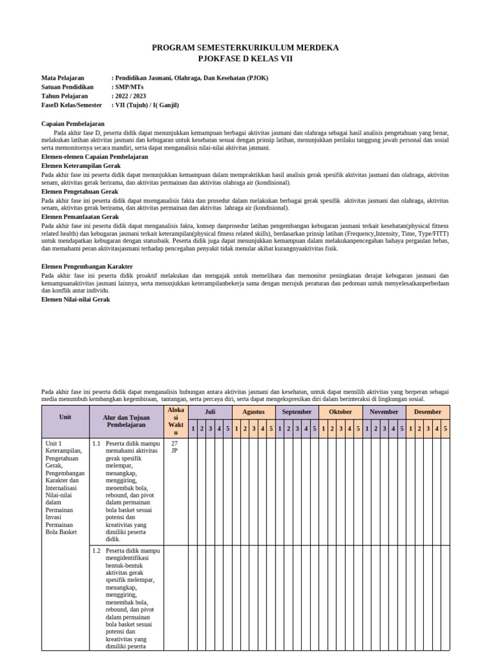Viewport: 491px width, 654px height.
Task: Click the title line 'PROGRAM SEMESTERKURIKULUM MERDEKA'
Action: (x=245, y=48)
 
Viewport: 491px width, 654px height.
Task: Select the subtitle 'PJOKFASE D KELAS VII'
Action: (x=245, y=57)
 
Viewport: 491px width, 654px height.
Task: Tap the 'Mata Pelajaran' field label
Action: (x=63, y=78)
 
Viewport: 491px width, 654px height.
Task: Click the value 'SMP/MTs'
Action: (x=130, y=87)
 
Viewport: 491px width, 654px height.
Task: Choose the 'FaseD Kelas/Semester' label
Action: (x=72, y=105)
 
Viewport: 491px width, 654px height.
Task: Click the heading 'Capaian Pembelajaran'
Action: (x=73, y=123)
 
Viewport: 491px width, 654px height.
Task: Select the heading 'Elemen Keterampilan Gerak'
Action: (x=81, y=165)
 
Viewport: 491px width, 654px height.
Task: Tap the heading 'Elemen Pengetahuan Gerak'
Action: (x=80, y=192)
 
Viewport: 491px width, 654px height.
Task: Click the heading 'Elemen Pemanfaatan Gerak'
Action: (x=80, y=217)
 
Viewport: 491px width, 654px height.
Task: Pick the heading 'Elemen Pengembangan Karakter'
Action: (x=87, y=266)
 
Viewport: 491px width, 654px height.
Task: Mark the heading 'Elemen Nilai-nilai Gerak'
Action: (x=76, y=299)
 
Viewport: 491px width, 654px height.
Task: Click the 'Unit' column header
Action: (x=65, y=416)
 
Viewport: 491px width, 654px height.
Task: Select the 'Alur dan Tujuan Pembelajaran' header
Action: (x=127, y=420)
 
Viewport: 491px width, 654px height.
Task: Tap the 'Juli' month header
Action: (x=210, y=412)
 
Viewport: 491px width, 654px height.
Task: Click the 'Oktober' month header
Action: (x=340, y=412)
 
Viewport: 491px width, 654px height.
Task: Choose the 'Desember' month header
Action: (x=428, y=412)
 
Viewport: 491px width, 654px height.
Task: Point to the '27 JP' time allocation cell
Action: (x=175, y=446)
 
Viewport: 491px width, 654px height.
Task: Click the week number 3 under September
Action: (x=297, y=429)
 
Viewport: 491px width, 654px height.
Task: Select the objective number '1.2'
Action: (x=97, y=551)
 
